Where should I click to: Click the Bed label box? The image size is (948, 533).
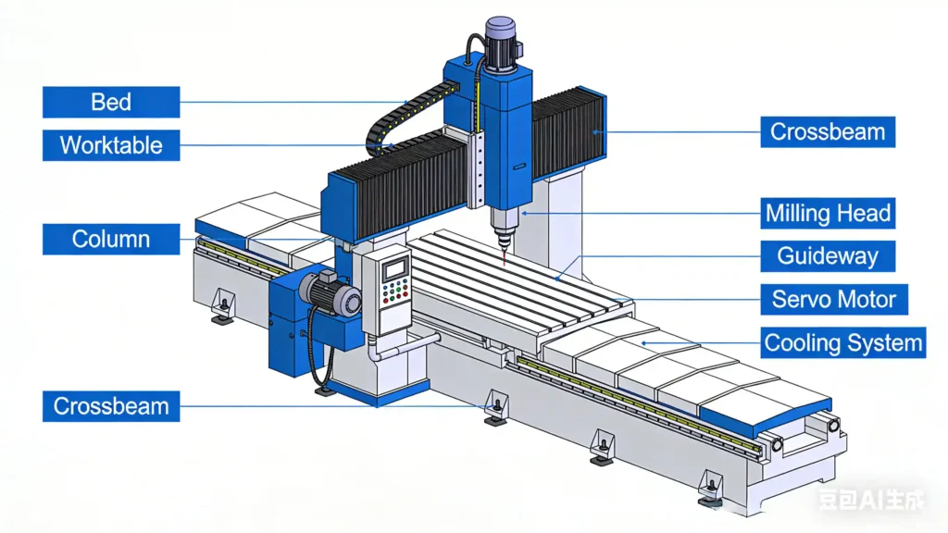point(111,102)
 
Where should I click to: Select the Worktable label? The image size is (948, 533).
point(111,145)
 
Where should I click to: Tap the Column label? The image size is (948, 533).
point(111,239)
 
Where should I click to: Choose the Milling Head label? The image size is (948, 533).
point(828,214)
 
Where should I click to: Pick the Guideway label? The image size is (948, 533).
point(828,256)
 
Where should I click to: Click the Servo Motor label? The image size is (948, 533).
point(834,300)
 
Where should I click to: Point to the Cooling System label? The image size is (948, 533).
point(843,343)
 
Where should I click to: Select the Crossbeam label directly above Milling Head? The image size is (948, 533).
point(828,131)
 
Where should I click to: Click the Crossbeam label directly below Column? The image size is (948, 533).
point(111,406)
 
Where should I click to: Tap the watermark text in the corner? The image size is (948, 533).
point(869,501)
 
